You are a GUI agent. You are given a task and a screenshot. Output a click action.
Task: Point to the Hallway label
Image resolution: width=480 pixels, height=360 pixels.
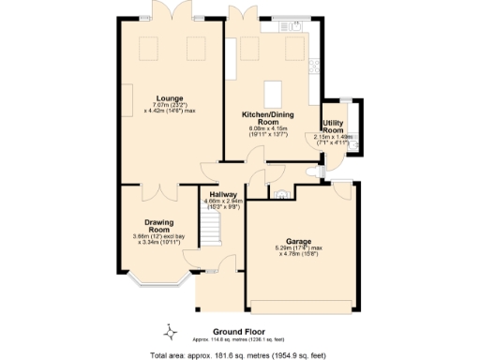(222, 195)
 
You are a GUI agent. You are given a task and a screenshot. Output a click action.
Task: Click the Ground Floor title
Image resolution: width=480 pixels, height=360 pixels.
(239, 332)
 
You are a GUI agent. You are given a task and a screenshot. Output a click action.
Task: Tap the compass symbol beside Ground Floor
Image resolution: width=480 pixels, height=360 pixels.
(171, 331)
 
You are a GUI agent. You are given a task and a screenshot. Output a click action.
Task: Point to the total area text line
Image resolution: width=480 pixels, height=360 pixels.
(239, 354)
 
